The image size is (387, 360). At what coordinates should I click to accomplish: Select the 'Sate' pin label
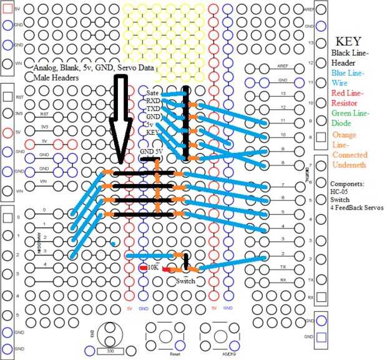pos(153,92)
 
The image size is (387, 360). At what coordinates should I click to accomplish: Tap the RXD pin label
pos(153,100)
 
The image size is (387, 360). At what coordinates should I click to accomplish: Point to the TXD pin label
pos(153,109)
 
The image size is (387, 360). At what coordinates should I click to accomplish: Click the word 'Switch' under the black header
pos(186,281)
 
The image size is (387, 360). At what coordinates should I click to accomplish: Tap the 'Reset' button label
pos(175,354)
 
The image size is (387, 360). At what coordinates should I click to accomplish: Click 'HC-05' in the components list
pos(345,192)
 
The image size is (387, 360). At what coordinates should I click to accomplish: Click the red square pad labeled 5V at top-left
pos(7,8)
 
